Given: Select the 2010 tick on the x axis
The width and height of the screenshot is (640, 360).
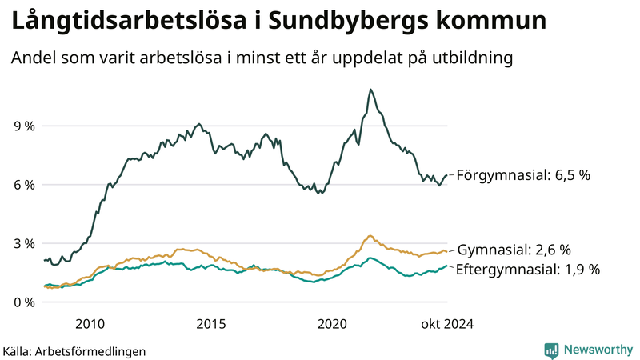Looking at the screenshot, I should pyautogui.click(x=90, y=324).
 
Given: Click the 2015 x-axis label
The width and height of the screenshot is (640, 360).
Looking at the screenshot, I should pyautogui.click(x=211, y=324).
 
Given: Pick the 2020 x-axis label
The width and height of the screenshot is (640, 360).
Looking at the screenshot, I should pyautogui.click(x=333, y=324).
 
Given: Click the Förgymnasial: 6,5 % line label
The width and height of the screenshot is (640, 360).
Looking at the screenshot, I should pyautogui.click(x=522, y=174).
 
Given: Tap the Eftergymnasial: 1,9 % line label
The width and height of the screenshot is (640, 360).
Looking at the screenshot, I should pyautogui.click(x=527, y=270).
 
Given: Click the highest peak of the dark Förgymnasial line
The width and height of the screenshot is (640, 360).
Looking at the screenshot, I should pyautogui.click(x=370, y=90).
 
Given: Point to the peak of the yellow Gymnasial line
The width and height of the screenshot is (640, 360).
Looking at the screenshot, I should pyautogui.click(x=369, y=236).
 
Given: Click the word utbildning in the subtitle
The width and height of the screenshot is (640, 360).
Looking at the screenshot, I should pyautogui.click(x=470, y=58).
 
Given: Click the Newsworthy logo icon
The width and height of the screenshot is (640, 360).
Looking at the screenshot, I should pyautogui.click(x=551, y=350).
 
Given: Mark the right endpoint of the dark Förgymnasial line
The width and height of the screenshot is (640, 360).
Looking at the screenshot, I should pyautogui.click(x=446, y=175).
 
